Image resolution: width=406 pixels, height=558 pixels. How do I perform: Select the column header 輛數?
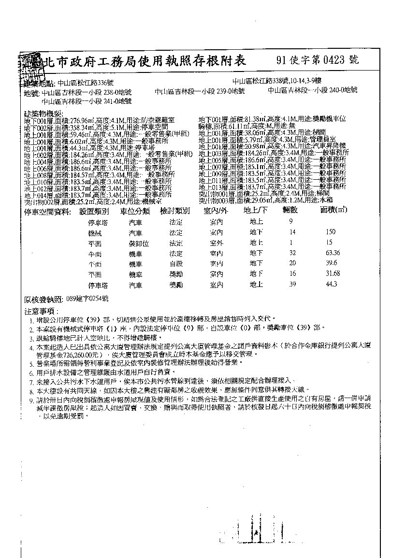(290, 211)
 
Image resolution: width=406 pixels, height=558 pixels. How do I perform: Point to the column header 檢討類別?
(174, 211)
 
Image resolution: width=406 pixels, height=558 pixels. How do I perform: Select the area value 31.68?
(333, 274)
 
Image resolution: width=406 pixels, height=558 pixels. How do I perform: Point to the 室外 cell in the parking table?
(216, 243)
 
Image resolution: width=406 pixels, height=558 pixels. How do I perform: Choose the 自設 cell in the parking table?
(176, 264)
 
